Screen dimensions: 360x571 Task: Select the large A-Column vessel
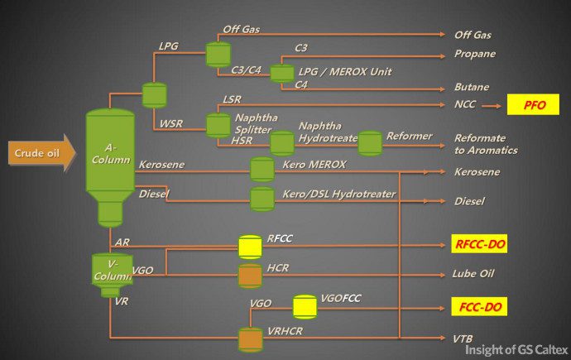(110, 161)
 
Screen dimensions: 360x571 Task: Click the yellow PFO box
(534, 105)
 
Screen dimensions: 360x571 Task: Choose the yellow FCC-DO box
(480, 306)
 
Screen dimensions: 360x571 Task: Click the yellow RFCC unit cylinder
(250, 247)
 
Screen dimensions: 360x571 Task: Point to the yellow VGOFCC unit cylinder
(305, 306)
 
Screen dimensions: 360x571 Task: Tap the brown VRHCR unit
(250, 338)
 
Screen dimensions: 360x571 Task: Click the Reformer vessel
(370, 142)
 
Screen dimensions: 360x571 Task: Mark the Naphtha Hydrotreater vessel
(282, 142)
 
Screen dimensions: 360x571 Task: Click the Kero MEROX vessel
(262, 169)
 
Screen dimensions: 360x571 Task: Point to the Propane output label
(475, 54)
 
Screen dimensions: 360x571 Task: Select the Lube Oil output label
(473, 273)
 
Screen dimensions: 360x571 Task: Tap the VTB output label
(464, 338)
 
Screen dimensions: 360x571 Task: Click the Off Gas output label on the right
(473, 35)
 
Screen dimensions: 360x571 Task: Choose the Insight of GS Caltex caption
(514, 349)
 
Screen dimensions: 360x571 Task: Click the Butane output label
(472, 87)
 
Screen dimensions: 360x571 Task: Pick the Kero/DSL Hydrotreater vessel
(262, 199)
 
